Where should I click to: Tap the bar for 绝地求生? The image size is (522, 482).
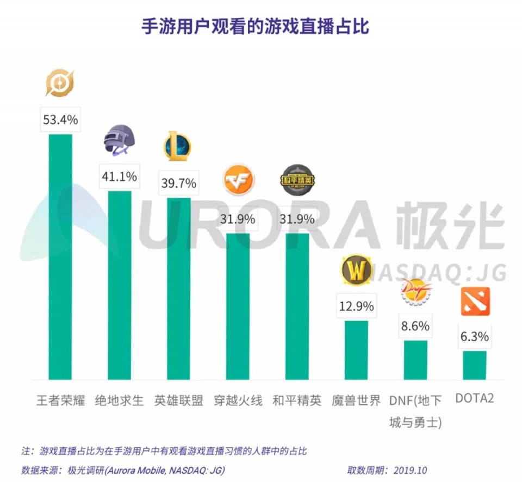pos(120,285)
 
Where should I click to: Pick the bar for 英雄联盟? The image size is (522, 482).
pos(178,288)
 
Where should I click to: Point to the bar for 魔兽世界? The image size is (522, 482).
pos(356,350)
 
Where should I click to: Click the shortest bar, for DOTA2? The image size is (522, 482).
pos(475,365)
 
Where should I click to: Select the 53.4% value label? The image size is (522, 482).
pos(61,120)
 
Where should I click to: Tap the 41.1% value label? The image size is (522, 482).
pos(120,177)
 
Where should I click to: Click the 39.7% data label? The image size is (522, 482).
pos(178,184)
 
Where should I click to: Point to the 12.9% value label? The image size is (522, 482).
pos(356,306)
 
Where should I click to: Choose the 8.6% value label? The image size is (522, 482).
pos(415,327)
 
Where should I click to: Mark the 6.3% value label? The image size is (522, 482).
pos(475,337)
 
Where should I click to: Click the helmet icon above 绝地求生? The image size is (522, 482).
pos(119,140)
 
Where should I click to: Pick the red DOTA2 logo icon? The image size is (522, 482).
pos(475,302)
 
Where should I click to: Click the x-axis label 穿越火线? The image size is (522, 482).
pos(238,401)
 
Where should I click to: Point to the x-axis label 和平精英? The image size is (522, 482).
pos(297,401)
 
